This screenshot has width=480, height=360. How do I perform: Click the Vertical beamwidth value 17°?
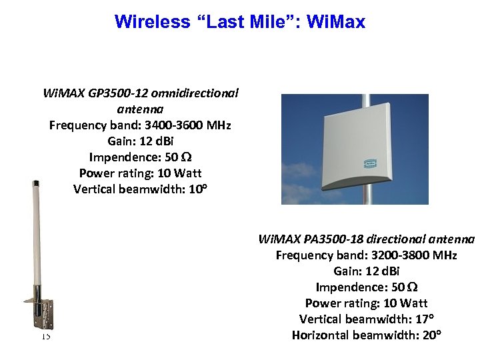[424, 319]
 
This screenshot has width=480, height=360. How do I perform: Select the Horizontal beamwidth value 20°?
[429, 335]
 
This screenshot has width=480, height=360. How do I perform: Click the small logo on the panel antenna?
[370, 162]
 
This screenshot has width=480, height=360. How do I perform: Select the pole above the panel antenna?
[365, 101]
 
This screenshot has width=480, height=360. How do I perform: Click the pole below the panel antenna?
[365, 197]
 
